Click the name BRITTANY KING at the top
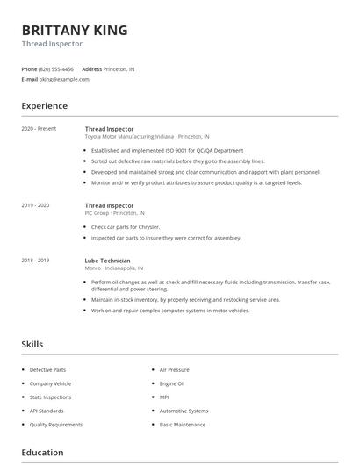[75, 30]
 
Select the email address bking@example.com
[64, 79]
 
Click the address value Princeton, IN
[119, 68]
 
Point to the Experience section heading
[44, 106]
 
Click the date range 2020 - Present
[39, 129]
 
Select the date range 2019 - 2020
[36, 205]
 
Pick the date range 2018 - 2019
[36, 261]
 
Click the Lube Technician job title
[107, 261]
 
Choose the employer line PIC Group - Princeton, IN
[115, 213]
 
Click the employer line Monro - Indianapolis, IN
[114, 268]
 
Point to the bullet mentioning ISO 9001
[166, 151]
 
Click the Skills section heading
[32, 345]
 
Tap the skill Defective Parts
[47, 370]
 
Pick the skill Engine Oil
[172, 383]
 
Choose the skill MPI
[164, 397]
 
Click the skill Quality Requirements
[56, 425]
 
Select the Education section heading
[42, 453]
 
